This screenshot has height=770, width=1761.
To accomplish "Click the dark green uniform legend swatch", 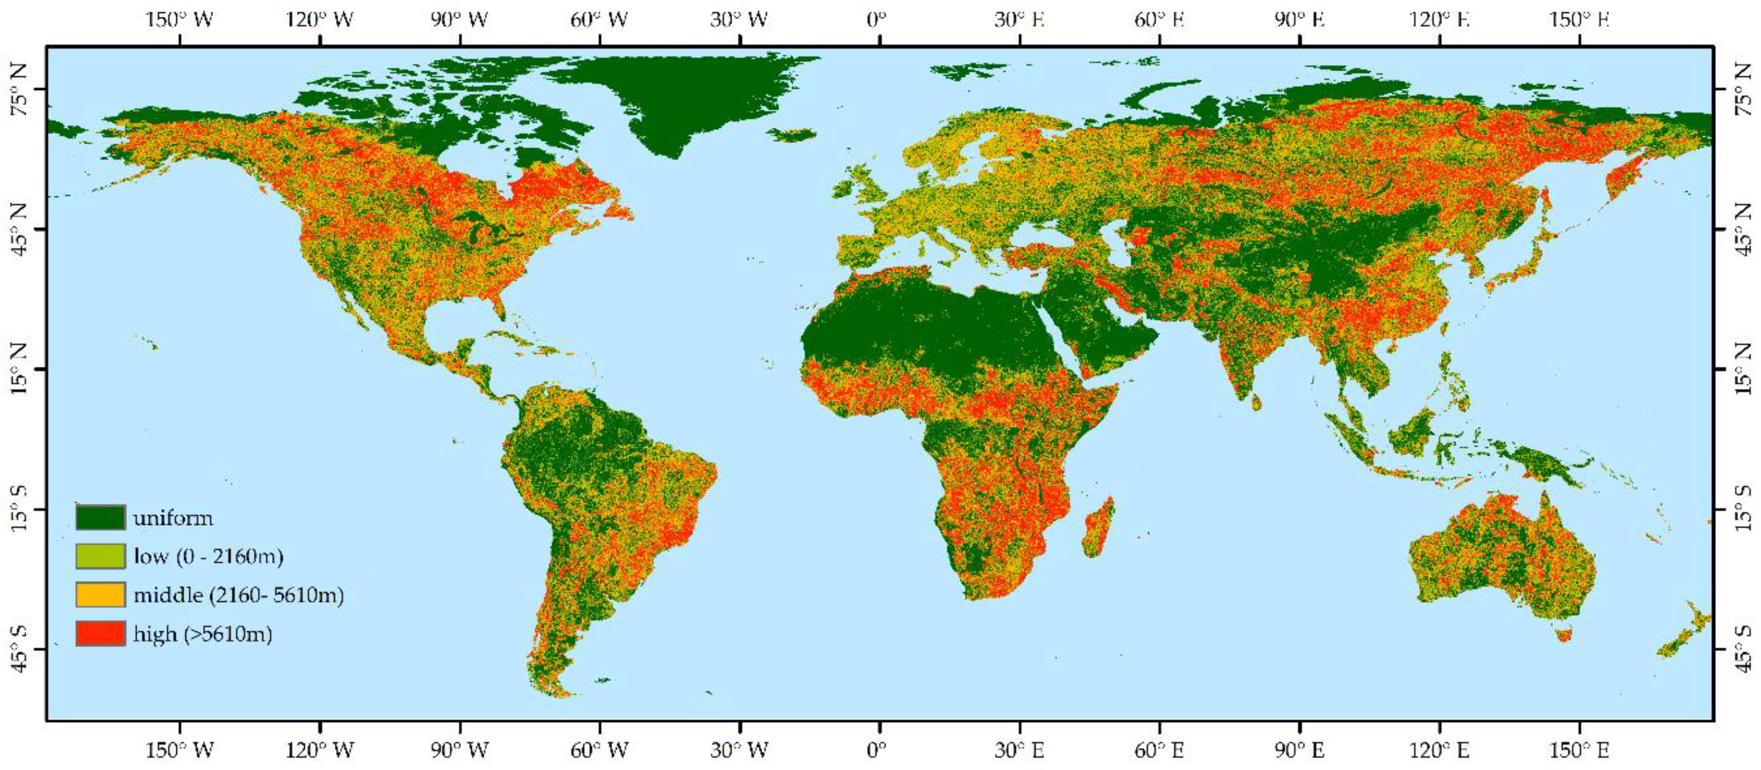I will click(x=100, y=517).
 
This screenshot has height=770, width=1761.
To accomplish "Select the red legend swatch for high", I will click(x=100, y=633).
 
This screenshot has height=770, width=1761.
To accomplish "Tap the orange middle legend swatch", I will click(x=100, y=594).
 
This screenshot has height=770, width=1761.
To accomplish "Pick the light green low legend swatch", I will click(x=100, y=556).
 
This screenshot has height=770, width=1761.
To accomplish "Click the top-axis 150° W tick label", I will click(x=180, y=19).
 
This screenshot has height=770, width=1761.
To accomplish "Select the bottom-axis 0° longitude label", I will click(x=877, y=750).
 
